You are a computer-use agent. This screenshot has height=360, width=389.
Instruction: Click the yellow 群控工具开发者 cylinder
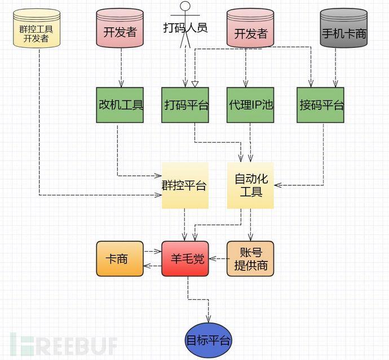[x=38, y=27]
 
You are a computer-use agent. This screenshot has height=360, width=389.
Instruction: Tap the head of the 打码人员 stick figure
[x=185, y=7]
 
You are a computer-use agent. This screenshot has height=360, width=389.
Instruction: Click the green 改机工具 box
[x=120, y=105]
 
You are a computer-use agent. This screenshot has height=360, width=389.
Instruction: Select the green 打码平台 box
[x=185, y=105]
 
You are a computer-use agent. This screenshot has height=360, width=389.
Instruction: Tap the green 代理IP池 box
[x=250, y=105]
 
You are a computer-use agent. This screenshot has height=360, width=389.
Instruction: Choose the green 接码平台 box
[x=320, y=105]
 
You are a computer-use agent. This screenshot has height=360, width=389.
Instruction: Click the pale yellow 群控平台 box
[x=185, y=185]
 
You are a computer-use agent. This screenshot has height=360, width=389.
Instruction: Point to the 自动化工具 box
[x=250, y=185]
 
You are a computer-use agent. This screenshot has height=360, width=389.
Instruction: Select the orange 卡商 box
[x=120, y=259]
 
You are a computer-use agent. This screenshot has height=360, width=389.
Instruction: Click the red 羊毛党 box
[x=185, y=259]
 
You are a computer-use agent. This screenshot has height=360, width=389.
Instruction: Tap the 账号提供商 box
[x=250, y=259]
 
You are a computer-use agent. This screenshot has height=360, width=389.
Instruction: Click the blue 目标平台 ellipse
[x=209, y=340]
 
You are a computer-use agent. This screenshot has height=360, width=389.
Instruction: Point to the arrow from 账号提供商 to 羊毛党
[x=218, y=259]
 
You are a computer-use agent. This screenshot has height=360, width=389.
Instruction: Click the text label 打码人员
[x=185, y=27]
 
